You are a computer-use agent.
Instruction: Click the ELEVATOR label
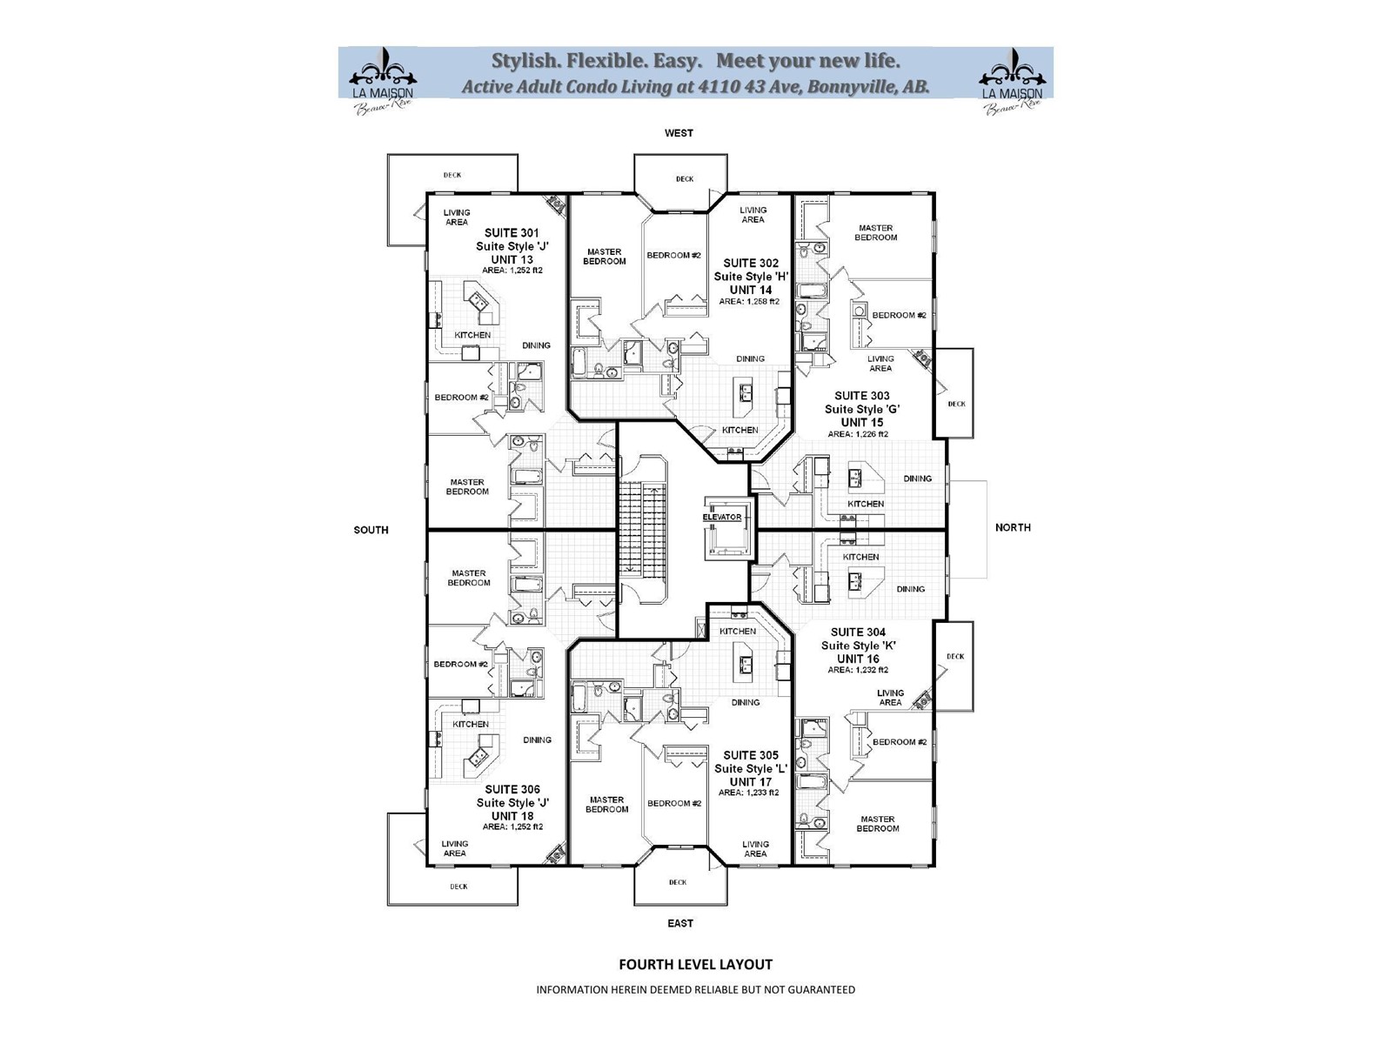tap(722, 517)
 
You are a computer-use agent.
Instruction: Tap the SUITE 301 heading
tap(512, 233)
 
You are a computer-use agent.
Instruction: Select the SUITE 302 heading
tap(751, 263)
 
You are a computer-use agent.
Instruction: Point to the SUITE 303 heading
tap(861, 396)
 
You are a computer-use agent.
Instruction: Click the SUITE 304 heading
tap(858, 632)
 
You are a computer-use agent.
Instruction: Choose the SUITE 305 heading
tap(751, 755)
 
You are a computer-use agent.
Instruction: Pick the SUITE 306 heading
tap(512, 790)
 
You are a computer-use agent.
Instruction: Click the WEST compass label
tap(679, 133)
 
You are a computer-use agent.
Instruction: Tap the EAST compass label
tap(680, 923)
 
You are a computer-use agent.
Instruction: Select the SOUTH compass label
tap(371, 530)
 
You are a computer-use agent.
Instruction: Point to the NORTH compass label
tap(1013, 527)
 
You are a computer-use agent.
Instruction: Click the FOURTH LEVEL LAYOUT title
tap(695, 964)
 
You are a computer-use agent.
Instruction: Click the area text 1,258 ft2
tap(749, 302)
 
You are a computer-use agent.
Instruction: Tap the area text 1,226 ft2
tap(858, 434)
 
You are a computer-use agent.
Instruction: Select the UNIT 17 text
tap(751, 781)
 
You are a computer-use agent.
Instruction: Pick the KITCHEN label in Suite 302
tap(740, 430)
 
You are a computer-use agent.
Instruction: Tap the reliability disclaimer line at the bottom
tap(695, 989)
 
